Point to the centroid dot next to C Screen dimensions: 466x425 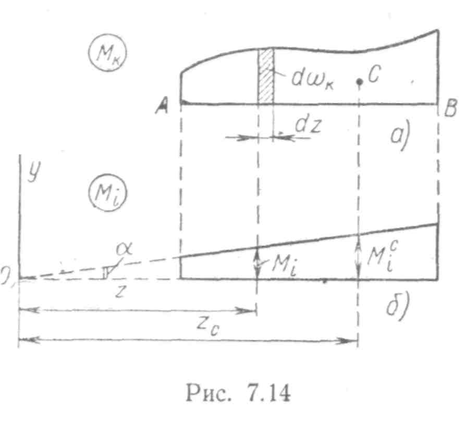click(359, 82)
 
